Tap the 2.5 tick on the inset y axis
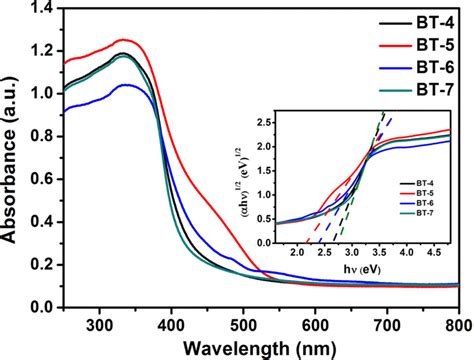(265, 121)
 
